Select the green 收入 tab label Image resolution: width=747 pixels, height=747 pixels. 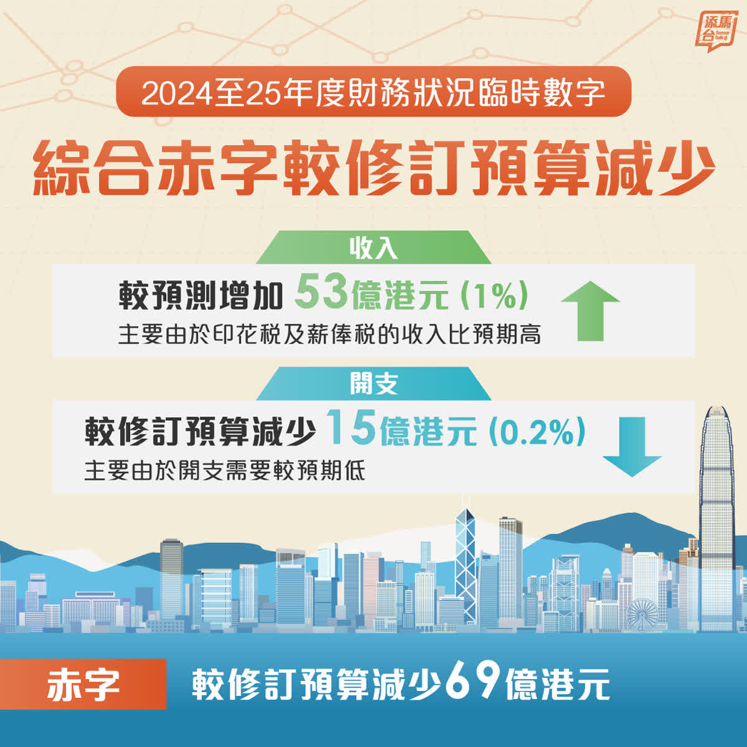374,248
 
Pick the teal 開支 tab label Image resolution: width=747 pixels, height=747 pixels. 374,384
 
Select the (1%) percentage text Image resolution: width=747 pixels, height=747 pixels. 494,296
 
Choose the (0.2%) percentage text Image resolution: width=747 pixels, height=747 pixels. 537,431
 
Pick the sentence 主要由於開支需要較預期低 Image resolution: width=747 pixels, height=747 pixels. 225,471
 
